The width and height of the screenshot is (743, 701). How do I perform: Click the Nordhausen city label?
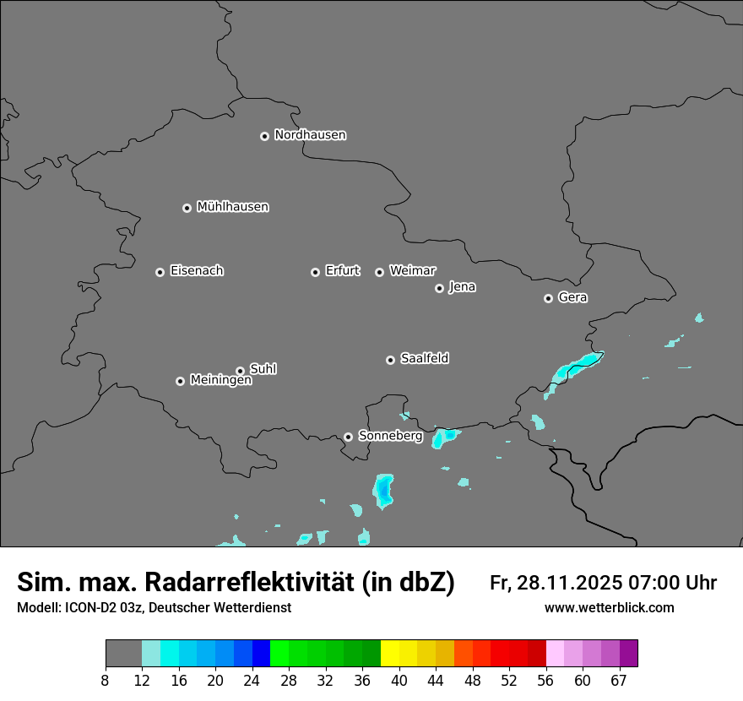[x=310, y=135]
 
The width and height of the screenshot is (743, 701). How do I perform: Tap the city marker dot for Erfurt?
[x=315, y=272]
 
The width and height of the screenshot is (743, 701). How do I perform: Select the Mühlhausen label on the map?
[x=232, y=207]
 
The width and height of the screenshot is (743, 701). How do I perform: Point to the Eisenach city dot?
[x=160, y=272]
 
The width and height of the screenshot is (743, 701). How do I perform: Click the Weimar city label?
[x=412, y=271]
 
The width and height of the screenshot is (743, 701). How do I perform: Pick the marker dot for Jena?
[x=439, y=288]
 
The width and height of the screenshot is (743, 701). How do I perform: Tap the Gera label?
[x=572, y=297]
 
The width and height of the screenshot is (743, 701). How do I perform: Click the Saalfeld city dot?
[x=390, y=360]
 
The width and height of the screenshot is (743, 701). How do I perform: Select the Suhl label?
[x=263, y=369]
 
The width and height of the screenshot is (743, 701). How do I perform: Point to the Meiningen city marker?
[x=180, y=381]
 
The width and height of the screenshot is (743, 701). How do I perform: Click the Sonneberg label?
[x=390, y=436]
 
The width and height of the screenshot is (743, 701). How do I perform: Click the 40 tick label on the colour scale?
[x=399, y=681]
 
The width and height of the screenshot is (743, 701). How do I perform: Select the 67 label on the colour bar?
[x=619, y=681]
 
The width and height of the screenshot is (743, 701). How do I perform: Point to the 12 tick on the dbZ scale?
[x=142, y=681]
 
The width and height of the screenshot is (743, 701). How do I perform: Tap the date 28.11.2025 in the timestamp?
[x=568, y=583]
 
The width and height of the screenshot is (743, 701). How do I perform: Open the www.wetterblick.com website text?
[x=609, y=608]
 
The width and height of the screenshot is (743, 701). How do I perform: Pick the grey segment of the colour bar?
[x=123, y=654]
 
